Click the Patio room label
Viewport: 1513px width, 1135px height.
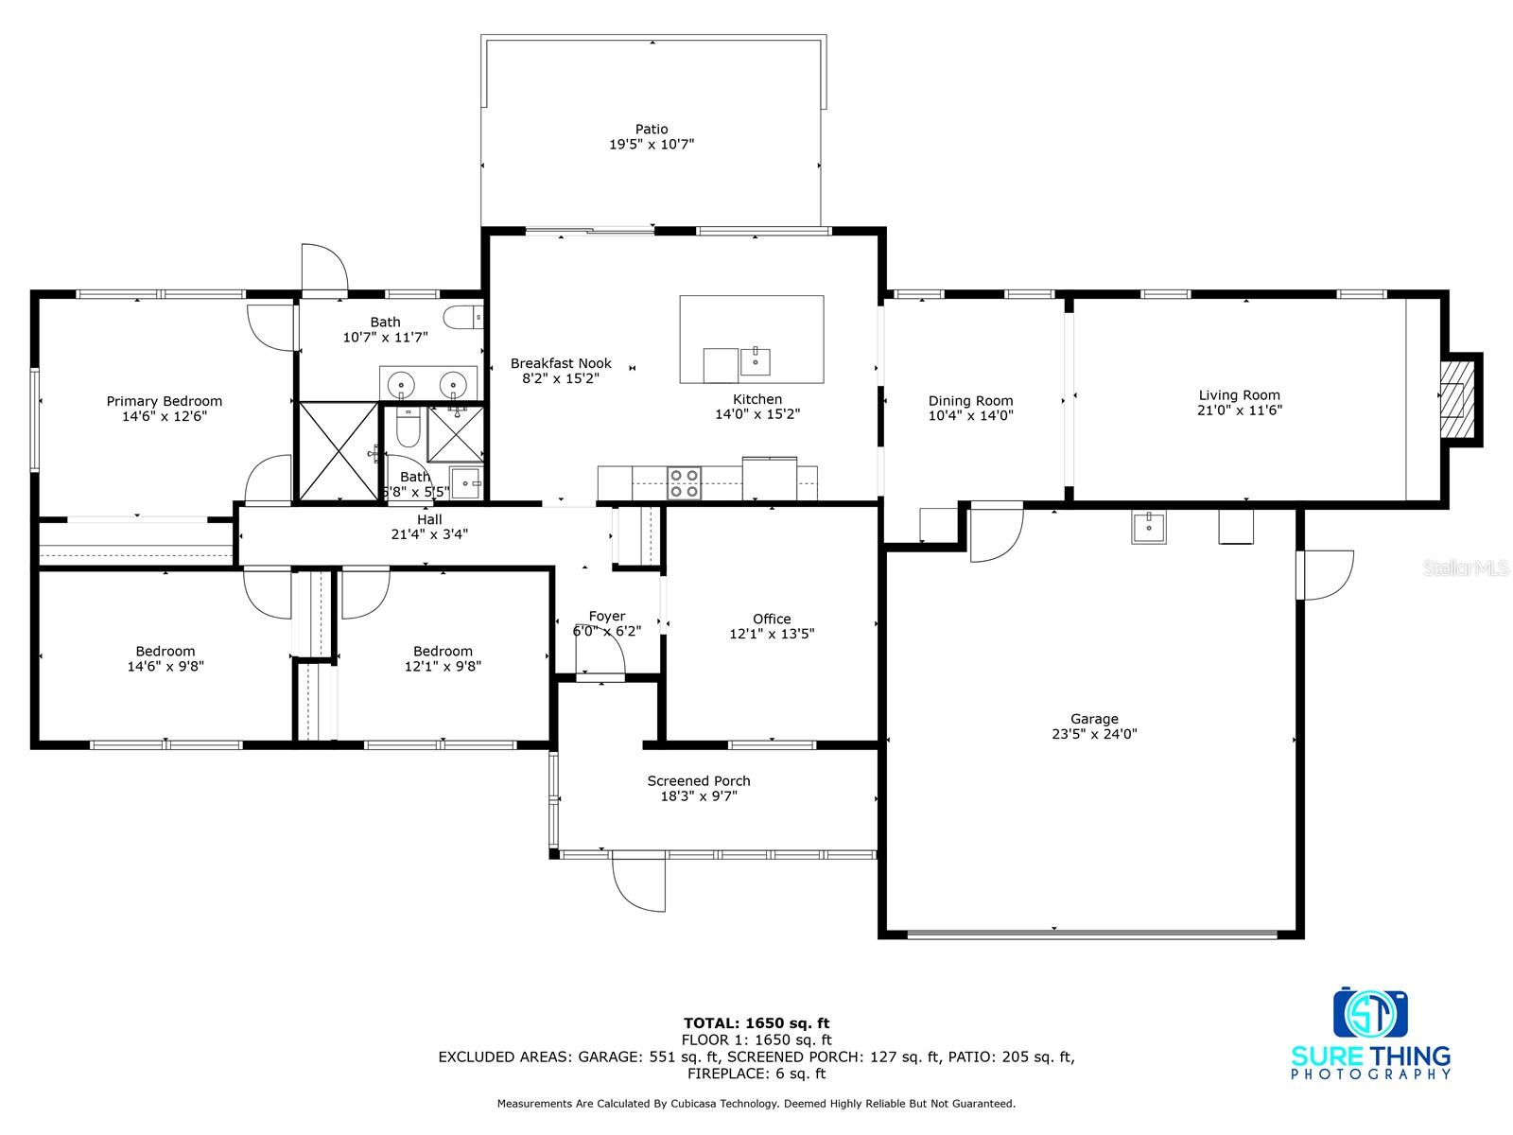pos(652,129)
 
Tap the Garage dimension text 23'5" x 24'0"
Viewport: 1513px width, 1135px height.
pos(1094,734)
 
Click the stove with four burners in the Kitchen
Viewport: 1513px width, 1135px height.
pos(684,483)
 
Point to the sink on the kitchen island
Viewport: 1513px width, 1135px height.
pos(756,362)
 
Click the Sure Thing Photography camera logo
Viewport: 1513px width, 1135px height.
pos(1370,1012)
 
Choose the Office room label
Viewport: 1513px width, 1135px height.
pos(772,619)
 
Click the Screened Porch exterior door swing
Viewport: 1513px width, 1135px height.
pos(639,884)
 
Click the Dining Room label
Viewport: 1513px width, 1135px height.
pos(970,400)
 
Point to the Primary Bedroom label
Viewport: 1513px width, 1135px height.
pos(164,401)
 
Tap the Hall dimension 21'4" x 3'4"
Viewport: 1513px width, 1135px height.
pos(429,534)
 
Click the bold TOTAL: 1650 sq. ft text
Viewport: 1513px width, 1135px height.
pos(756,1022)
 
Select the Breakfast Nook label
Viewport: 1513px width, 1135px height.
pos(561,363)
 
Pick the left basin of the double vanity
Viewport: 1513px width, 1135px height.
pos(401,383)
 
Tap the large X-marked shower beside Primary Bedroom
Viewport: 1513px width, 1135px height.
pos(339,451)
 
